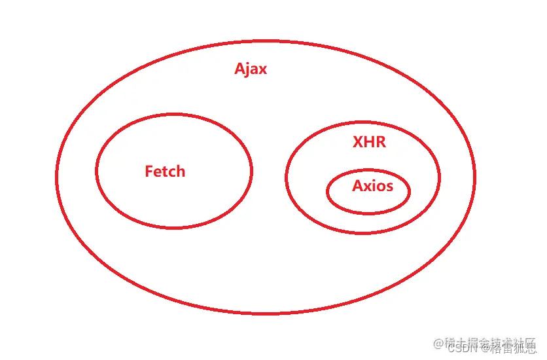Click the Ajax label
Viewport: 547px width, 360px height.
click(x=251, y=69)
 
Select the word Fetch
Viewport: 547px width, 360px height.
click(x=165, y=171)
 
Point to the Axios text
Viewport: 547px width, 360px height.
click(x=372, y=186)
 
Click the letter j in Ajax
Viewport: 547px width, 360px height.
click(x=248, y=70)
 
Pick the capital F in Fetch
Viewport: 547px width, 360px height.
click(x=149, y=171)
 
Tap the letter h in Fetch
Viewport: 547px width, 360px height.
click(x=181, y=171)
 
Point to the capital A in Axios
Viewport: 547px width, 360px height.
click(x=357, y=186)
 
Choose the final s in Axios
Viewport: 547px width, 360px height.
click(x=390, y=187)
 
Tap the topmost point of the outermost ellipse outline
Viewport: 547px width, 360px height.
click(x=262, y=41)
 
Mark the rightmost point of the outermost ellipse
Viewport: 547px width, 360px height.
click(x=474, y=177)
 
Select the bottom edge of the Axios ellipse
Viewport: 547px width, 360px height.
click(x=368, y=213)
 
